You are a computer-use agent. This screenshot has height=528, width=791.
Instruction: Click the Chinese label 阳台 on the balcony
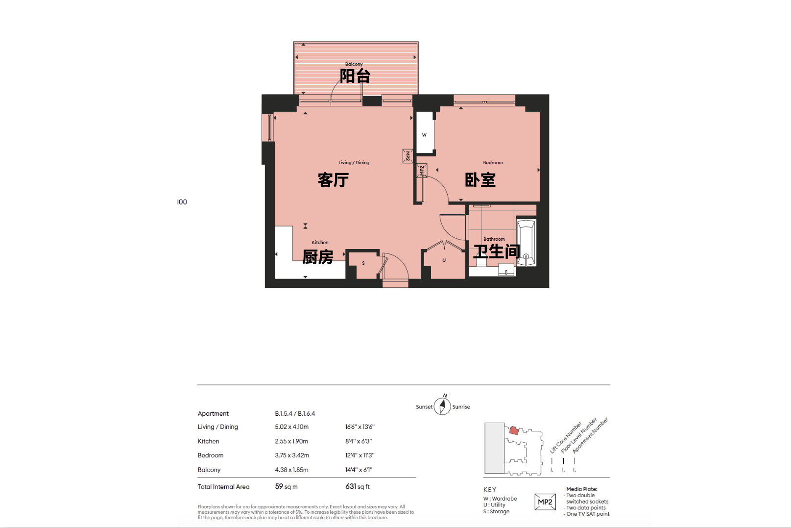(x=355, y=76)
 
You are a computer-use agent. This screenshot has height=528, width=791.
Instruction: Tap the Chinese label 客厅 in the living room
(x=333, y=180)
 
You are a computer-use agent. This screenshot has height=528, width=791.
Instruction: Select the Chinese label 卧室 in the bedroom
(x=480, y=180)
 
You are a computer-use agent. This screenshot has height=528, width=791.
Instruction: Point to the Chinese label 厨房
(x=318, y=257)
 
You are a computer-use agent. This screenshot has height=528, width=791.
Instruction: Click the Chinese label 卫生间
(x=497, y=251)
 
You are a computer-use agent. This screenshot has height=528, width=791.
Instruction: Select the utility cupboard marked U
(x=444, y=261)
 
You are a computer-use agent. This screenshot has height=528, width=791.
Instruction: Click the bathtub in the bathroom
(x=526, y=243)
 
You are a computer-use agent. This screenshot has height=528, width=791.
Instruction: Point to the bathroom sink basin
(x=506, y=270)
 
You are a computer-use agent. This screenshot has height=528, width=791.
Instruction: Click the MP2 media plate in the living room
(x=407, y=156)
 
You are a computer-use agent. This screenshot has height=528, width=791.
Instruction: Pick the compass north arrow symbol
(x=442, y=405)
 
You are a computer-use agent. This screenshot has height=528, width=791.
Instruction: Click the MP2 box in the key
(x=545, y=502)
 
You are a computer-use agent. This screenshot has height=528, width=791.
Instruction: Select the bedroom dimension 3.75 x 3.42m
(x=292, y=455)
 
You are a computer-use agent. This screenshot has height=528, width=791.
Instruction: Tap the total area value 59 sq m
(x=286, y=486)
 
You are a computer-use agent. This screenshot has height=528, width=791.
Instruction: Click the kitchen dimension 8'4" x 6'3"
(x=359, y=441)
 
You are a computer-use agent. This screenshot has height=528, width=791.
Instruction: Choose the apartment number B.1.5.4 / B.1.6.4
(x=295, y=413)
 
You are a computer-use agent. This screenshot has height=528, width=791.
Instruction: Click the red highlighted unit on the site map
(x=514, y=430)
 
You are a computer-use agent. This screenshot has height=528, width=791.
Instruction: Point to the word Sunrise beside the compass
(x=461, y=407)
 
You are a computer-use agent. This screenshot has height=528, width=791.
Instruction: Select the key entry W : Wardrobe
(x=500, y=499)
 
